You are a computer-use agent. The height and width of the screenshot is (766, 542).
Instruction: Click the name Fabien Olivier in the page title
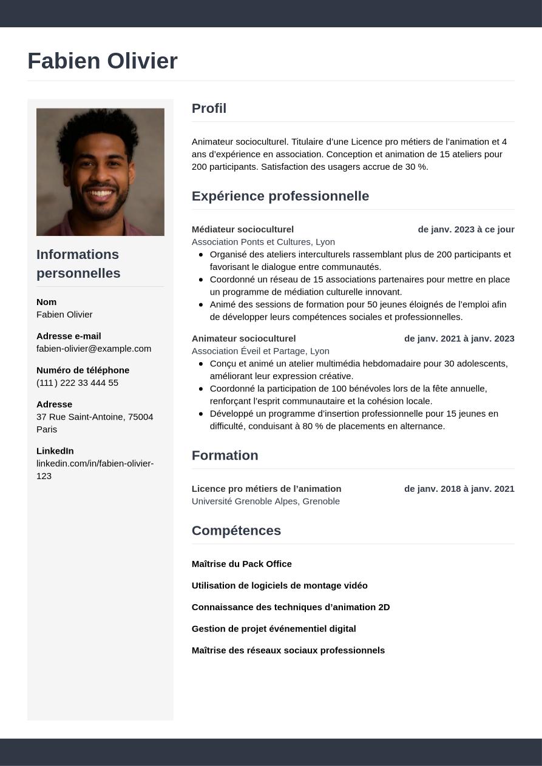point(102,61)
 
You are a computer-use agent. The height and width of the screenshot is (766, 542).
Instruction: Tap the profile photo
point(100,172)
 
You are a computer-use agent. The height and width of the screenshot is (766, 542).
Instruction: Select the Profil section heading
point(209,109)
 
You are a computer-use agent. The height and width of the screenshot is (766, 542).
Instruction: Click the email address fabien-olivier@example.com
point(93,349)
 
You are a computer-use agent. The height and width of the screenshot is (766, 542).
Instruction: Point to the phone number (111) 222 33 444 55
point(77,383)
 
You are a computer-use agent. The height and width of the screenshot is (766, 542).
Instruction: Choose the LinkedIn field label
point(55,451)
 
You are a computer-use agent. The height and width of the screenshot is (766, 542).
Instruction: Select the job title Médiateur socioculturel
point(242,229)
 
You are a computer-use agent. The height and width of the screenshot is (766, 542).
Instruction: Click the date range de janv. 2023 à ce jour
point(466,229)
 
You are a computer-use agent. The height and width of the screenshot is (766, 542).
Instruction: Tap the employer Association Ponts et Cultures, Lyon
point(263,242)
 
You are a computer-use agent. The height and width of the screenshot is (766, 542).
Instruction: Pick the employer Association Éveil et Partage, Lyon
point(260,351)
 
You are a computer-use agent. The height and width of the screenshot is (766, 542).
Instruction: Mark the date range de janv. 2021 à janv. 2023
point(459,338)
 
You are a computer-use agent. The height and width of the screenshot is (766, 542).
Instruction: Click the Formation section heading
point(225,455)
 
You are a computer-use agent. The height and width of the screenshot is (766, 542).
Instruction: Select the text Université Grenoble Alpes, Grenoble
point(265,501)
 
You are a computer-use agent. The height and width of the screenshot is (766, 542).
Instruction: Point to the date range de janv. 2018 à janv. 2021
point(459,489)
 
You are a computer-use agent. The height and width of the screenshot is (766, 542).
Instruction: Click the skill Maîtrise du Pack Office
point(242,564)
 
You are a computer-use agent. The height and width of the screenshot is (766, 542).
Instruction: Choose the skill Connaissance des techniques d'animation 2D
point(290,607)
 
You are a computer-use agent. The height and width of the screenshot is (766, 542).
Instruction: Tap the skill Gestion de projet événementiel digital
point(273,629)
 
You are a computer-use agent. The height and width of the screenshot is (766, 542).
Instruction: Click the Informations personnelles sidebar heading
point(78,264)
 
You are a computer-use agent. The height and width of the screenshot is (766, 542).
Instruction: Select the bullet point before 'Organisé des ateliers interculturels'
point(201,255)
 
